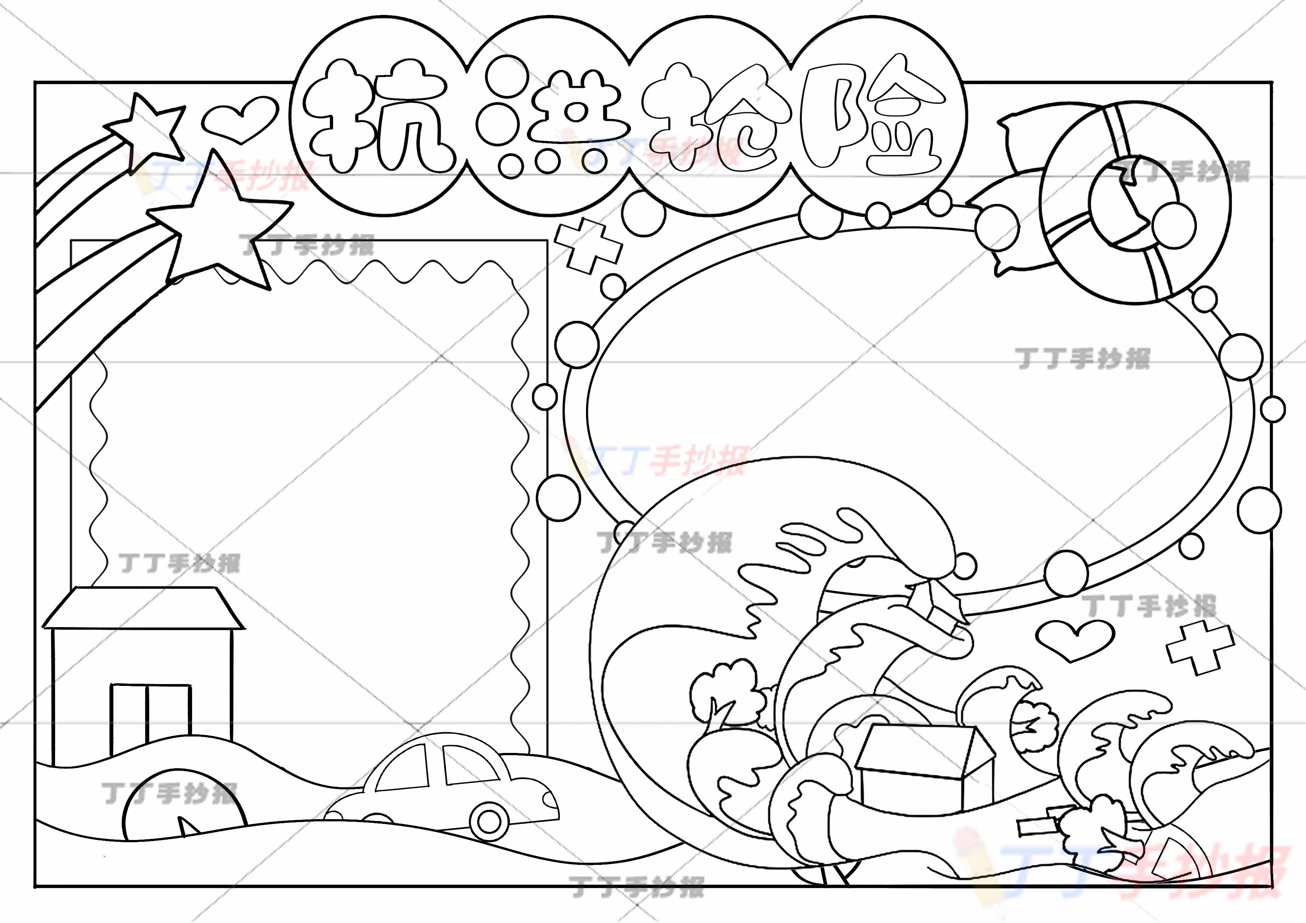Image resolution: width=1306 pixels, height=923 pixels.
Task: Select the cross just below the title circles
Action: click(589, 246)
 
